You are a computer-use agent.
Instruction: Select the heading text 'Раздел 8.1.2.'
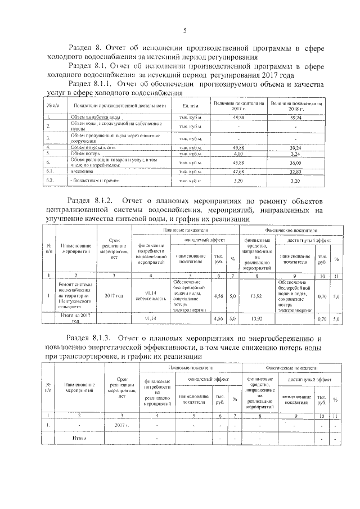click(92, 201)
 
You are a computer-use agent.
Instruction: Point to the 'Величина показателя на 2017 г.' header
click(239, 106)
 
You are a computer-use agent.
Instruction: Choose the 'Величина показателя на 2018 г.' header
click(296, 106)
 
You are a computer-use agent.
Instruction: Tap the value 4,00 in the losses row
click(238, 153)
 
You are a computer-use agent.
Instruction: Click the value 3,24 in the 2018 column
click(296, 153)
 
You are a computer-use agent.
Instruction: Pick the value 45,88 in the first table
click(238, 162)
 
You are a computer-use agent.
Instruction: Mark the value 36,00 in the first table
click(296, 162)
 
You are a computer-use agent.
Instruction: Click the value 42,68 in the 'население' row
click(238, 171)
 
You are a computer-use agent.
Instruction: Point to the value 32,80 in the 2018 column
click(296, 171)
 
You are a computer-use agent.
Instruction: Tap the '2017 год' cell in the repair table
click(114, 294)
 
